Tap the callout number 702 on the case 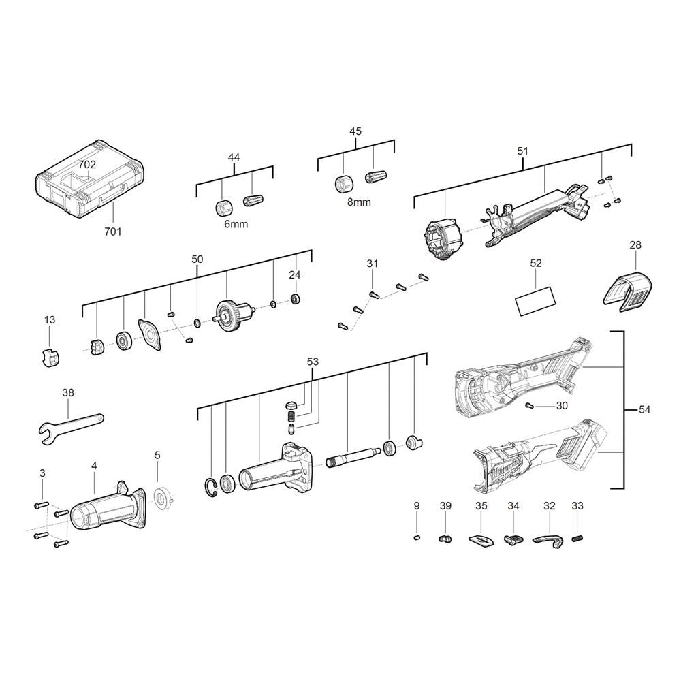(x=87, y=165)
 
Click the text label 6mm (x=236, y=224)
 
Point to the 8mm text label (x=359, y=202)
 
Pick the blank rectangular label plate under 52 (x=536, y=300)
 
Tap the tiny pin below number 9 (x=417, y=538)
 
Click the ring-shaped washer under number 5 (x=163, y=497)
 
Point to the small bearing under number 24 (x=296, y=299)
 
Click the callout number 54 (x=644, y=409)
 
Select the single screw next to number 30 (x=529, y=405)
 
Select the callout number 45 (x=355, y=131)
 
